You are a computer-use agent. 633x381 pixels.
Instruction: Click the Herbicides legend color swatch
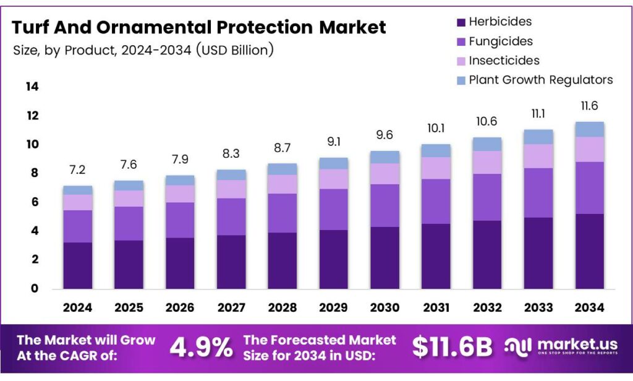point(461,22)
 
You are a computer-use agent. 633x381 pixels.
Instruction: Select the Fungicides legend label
point(501,41)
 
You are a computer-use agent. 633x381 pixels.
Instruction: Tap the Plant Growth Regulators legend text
point(541,80)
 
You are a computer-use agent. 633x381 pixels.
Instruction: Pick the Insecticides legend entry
point(504,61)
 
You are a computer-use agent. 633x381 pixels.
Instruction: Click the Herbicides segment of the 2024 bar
point(78,265)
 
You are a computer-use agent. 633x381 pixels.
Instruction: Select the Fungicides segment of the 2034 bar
point(589,188)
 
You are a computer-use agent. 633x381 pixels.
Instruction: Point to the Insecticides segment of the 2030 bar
point(384,174)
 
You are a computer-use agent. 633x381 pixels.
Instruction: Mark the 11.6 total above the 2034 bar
point(589,106)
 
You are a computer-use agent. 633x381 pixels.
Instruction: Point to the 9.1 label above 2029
point(333,142)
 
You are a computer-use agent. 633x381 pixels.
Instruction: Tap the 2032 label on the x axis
point(486,307)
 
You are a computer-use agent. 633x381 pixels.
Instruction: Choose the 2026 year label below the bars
point(180,307)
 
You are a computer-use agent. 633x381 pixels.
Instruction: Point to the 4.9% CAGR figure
point(202,348)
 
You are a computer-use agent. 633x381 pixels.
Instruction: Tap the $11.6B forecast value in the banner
point(452,348)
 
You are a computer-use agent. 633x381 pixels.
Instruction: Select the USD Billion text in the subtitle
point(235,50)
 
